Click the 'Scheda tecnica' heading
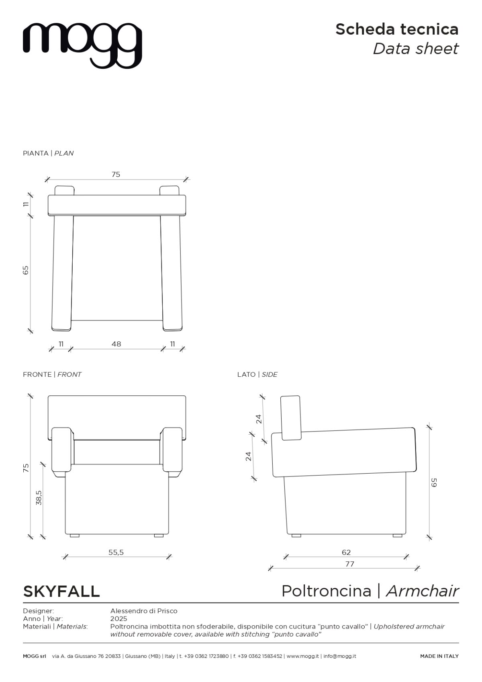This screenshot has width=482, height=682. tap(397, 29)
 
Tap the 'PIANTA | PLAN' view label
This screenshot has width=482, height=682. tap(48, 153)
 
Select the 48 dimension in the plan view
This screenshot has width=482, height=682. tap(116, 344)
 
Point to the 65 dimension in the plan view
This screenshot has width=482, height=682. tap(26, 270)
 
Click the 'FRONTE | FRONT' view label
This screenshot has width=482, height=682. tap(52, 374)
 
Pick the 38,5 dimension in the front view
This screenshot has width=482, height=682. tap(39, 498)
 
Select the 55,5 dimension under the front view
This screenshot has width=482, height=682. tap(116, 552)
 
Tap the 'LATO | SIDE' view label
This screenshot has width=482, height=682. tap(257, 374)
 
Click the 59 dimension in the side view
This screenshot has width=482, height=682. tap(434, 483)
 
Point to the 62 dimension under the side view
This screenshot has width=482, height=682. tap(346, 552)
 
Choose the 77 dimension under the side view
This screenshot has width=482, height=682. tap(349, 564)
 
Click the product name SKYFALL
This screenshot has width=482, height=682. tap(61, 591)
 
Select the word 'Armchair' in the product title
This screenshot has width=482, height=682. tap(423, 591)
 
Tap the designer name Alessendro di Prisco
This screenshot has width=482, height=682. tap(144, 611)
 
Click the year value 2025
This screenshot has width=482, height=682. tap(118, 619)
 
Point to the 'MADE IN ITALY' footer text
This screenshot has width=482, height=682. tap(439, 656)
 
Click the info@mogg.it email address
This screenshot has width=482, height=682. tap(340, 656)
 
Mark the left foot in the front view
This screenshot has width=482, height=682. tap(74, 536)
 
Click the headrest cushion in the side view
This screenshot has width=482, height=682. tap(291, 418)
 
